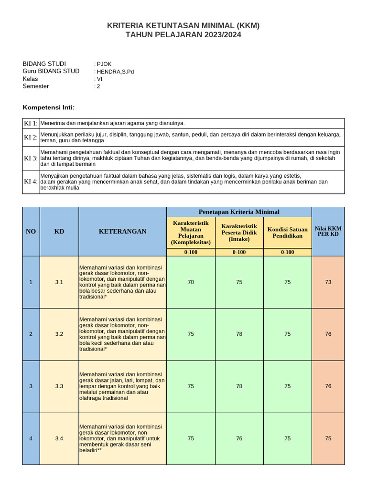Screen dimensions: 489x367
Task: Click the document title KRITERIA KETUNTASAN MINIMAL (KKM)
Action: [x=183, y=26]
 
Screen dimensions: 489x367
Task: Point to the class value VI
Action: [x=99, y=79]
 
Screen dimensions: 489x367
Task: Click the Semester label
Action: [x=36, y=86]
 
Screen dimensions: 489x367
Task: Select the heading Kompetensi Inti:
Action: [x=49, y=107]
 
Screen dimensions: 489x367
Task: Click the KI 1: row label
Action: [x=31, y=123]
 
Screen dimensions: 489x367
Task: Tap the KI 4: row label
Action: [x=31, y=182]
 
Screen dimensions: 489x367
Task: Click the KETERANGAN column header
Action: [x=122, y=232]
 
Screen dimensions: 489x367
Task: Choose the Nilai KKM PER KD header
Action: [x=328, y=232]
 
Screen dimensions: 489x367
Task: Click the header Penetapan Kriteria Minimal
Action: [x=239, y=212]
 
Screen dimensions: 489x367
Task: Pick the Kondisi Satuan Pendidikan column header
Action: [x=287, y=233]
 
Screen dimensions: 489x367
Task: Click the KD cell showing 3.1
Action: [x=59, y=282]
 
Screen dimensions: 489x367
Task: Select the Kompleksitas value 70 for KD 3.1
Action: [x=191, y=282]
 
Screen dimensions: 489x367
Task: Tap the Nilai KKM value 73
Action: [x=328, y=282]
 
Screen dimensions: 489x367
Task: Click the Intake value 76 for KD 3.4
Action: [x=239, y=438]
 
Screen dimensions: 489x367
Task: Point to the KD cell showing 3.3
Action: [x=59, y=386]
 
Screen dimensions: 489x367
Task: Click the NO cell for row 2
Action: [x=31, y=334]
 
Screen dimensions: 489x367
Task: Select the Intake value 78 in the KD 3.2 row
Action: [x=239, y=334]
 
